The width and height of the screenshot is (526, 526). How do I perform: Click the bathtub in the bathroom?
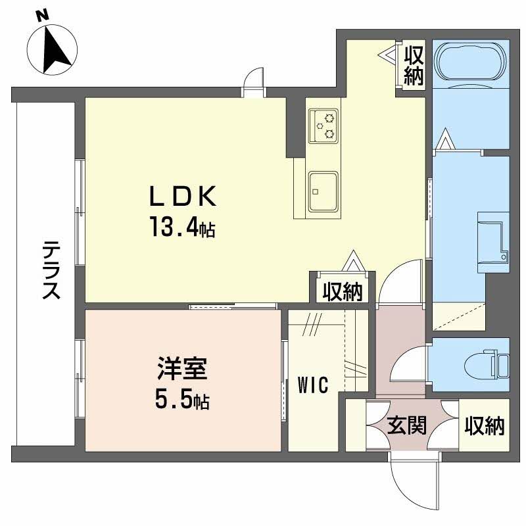point(471,63)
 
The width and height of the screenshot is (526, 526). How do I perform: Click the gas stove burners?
point(324,125)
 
